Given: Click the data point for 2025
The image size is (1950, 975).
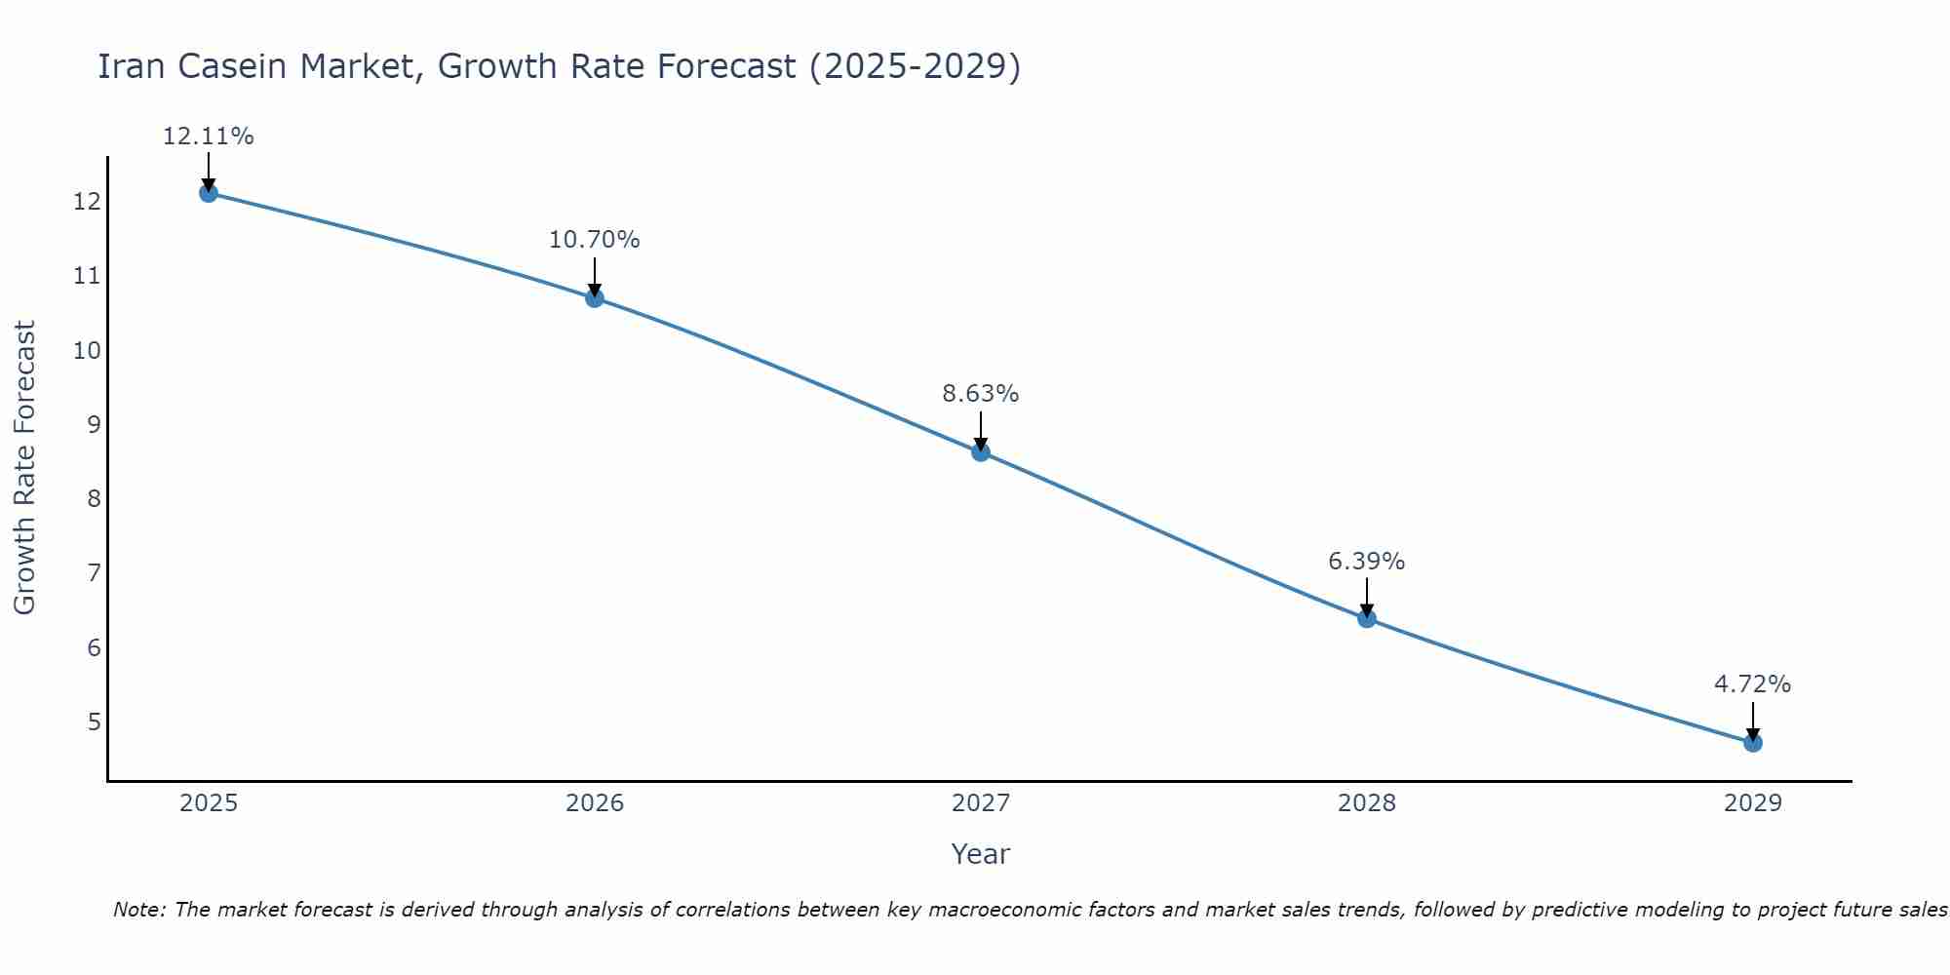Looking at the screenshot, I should [208, 193].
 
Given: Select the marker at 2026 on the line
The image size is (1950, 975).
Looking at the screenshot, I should [595, 297].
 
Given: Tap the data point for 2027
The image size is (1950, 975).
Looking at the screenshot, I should [981, 451].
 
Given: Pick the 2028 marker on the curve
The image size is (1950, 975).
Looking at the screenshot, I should [1367, 618].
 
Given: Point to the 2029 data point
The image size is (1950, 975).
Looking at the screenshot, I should [1753, 743].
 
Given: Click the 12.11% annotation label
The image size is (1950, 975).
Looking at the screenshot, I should [208, 136].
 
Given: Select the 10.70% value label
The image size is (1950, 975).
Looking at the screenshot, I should [595, 240].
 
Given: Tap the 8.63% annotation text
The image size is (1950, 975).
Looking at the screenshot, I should [981, 394].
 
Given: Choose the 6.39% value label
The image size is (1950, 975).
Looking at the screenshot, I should [1367, 562].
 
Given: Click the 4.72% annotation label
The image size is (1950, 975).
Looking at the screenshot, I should [1753, 684].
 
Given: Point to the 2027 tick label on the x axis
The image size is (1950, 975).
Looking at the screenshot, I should [981, 803].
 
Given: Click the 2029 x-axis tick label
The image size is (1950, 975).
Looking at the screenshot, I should [1753, 803].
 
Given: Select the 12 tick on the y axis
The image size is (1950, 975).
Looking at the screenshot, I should [87, 202].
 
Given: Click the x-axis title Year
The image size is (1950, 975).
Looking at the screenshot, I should [981, 854].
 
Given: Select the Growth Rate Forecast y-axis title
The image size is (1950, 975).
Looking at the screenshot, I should [25, 468].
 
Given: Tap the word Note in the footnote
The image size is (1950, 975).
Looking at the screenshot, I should [137, 910].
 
